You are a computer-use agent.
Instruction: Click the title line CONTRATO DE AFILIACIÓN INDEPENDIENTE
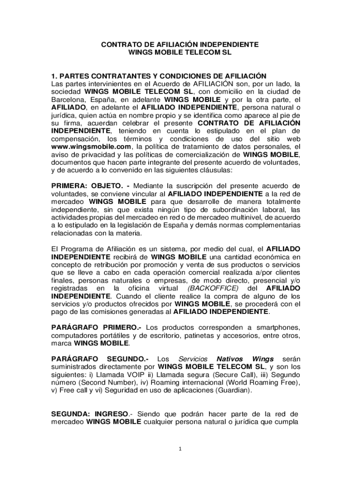180,45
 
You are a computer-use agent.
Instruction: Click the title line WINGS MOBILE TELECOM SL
180,53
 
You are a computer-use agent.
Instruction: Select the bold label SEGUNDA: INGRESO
90,414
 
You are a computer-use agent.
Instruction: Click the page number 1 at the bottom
180,450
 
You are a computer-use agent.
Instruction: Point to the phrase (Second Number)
101,383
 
